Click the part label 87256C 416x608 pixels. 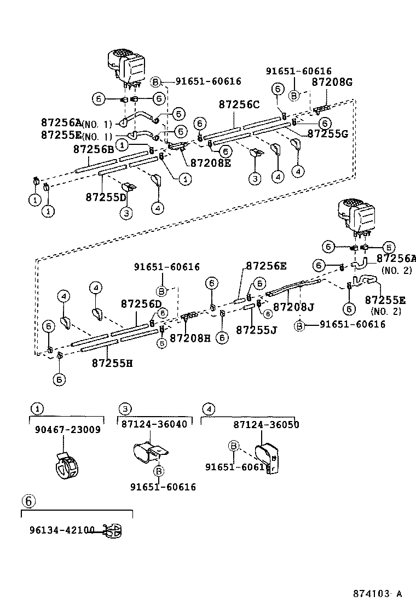(x=239, y=104)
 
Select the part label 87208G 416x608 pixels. (x=332, y=83)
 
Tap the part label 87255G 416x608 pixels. (x=327, y=133)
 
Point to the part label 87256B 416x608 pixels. (x=94, y=149)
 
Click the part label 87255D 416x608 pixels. (x=106, y=197)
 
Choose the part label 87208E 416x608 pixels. (x=211, y=162)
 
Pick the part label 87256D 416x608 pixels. (x=141, y=303)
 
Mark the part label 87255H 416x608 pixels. (x=112, y=363)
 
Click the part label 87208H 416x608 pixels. (x=190, y=338)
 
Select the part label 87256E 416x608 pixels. (x=266, y=266)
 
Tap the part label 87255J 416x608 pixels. (x=256, y=330)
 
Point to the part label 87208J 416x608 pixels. (x=293, y=307)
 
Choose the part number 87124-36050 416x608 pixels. (x=266, y=424)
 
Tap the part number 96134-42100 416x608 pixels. (x=62, y=530)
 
